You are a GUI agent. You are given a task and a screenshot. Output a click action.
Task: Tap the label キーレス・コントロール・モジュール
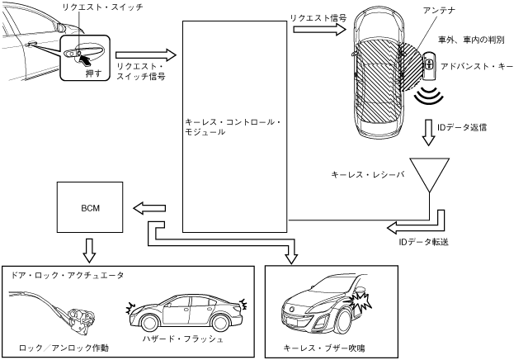(x=233, y=126)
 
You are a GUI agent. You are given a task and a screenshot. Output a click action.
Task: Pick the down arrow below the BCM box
(x=91, y=248)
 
